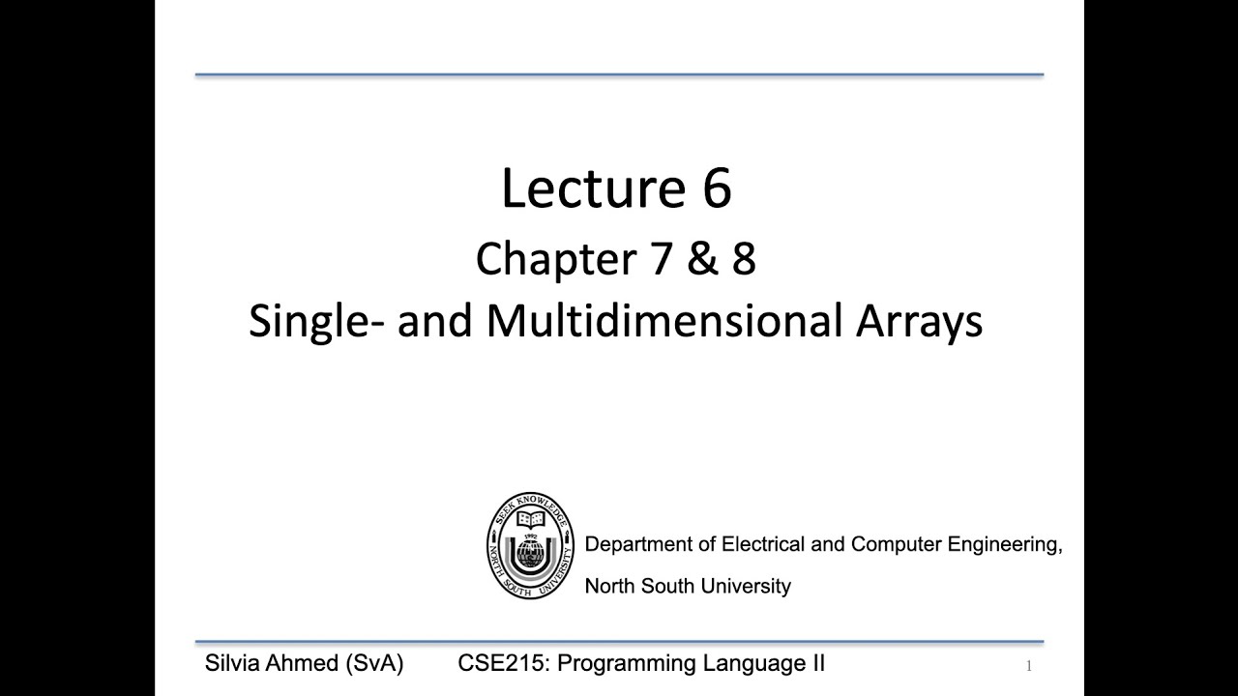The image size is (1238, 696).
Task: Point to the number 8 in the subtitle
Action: tap(743, 259)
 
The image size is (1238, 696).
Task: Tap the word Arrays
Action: tap(919, 321)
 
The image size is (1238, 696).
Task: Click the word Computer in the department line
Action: tap(896, 544)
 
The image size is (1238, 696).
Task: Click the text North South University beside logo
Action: tap(688, 586)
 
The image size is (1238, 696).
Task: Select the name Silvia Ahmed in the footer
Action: tap(272, 664)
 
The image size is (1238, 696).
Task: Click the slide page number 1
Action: tap(1029, 665)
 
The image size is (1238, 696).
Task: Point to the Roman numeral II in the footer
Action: tap(816, 664)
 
